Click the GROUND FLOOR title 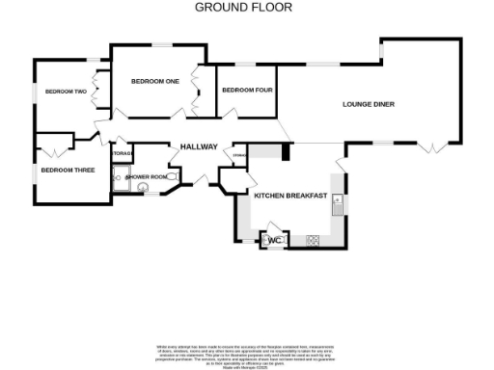(244, 7)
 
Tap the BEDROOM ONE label (155, 81)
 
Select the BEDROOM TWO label (66, 92)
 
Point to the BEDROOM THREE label (67, 170)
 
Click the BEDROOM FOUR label (245, 91)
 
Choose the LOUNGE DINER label (370, 104)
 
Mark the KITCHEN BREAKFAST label (289, 196)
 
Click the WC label (273, 239)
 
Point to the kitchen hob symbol (313, 240)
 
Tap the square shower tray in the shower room (122, 177)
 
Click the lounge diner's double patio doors (435, 145)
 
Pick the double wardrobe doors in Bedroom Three (52, 151)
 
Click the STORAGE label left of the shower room (122, 154)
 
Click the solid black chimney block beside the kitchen (286, 152)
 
